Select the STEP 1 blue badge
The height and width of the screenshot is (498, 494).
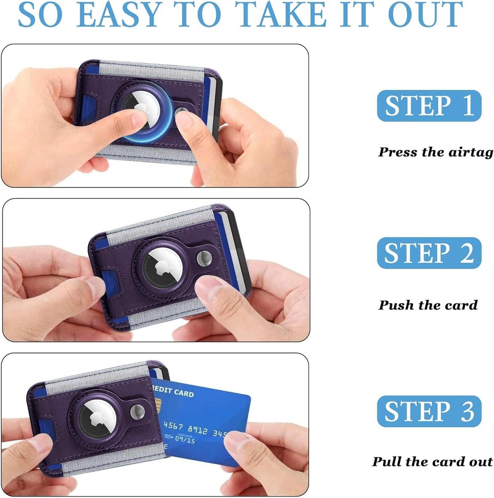coord(429,106)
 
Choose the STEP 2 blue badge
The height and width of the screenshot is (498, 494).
coord(429,253)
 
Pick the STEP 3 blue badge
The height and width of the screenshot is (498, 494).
coord(429,411)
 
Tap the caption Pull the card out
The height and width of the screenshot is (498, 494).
coord(432,461)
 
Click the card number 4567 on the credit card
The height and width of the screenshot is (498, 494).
coord(173,426)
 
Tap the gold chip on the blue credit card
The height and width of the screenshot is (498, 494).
coord(158,406)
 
